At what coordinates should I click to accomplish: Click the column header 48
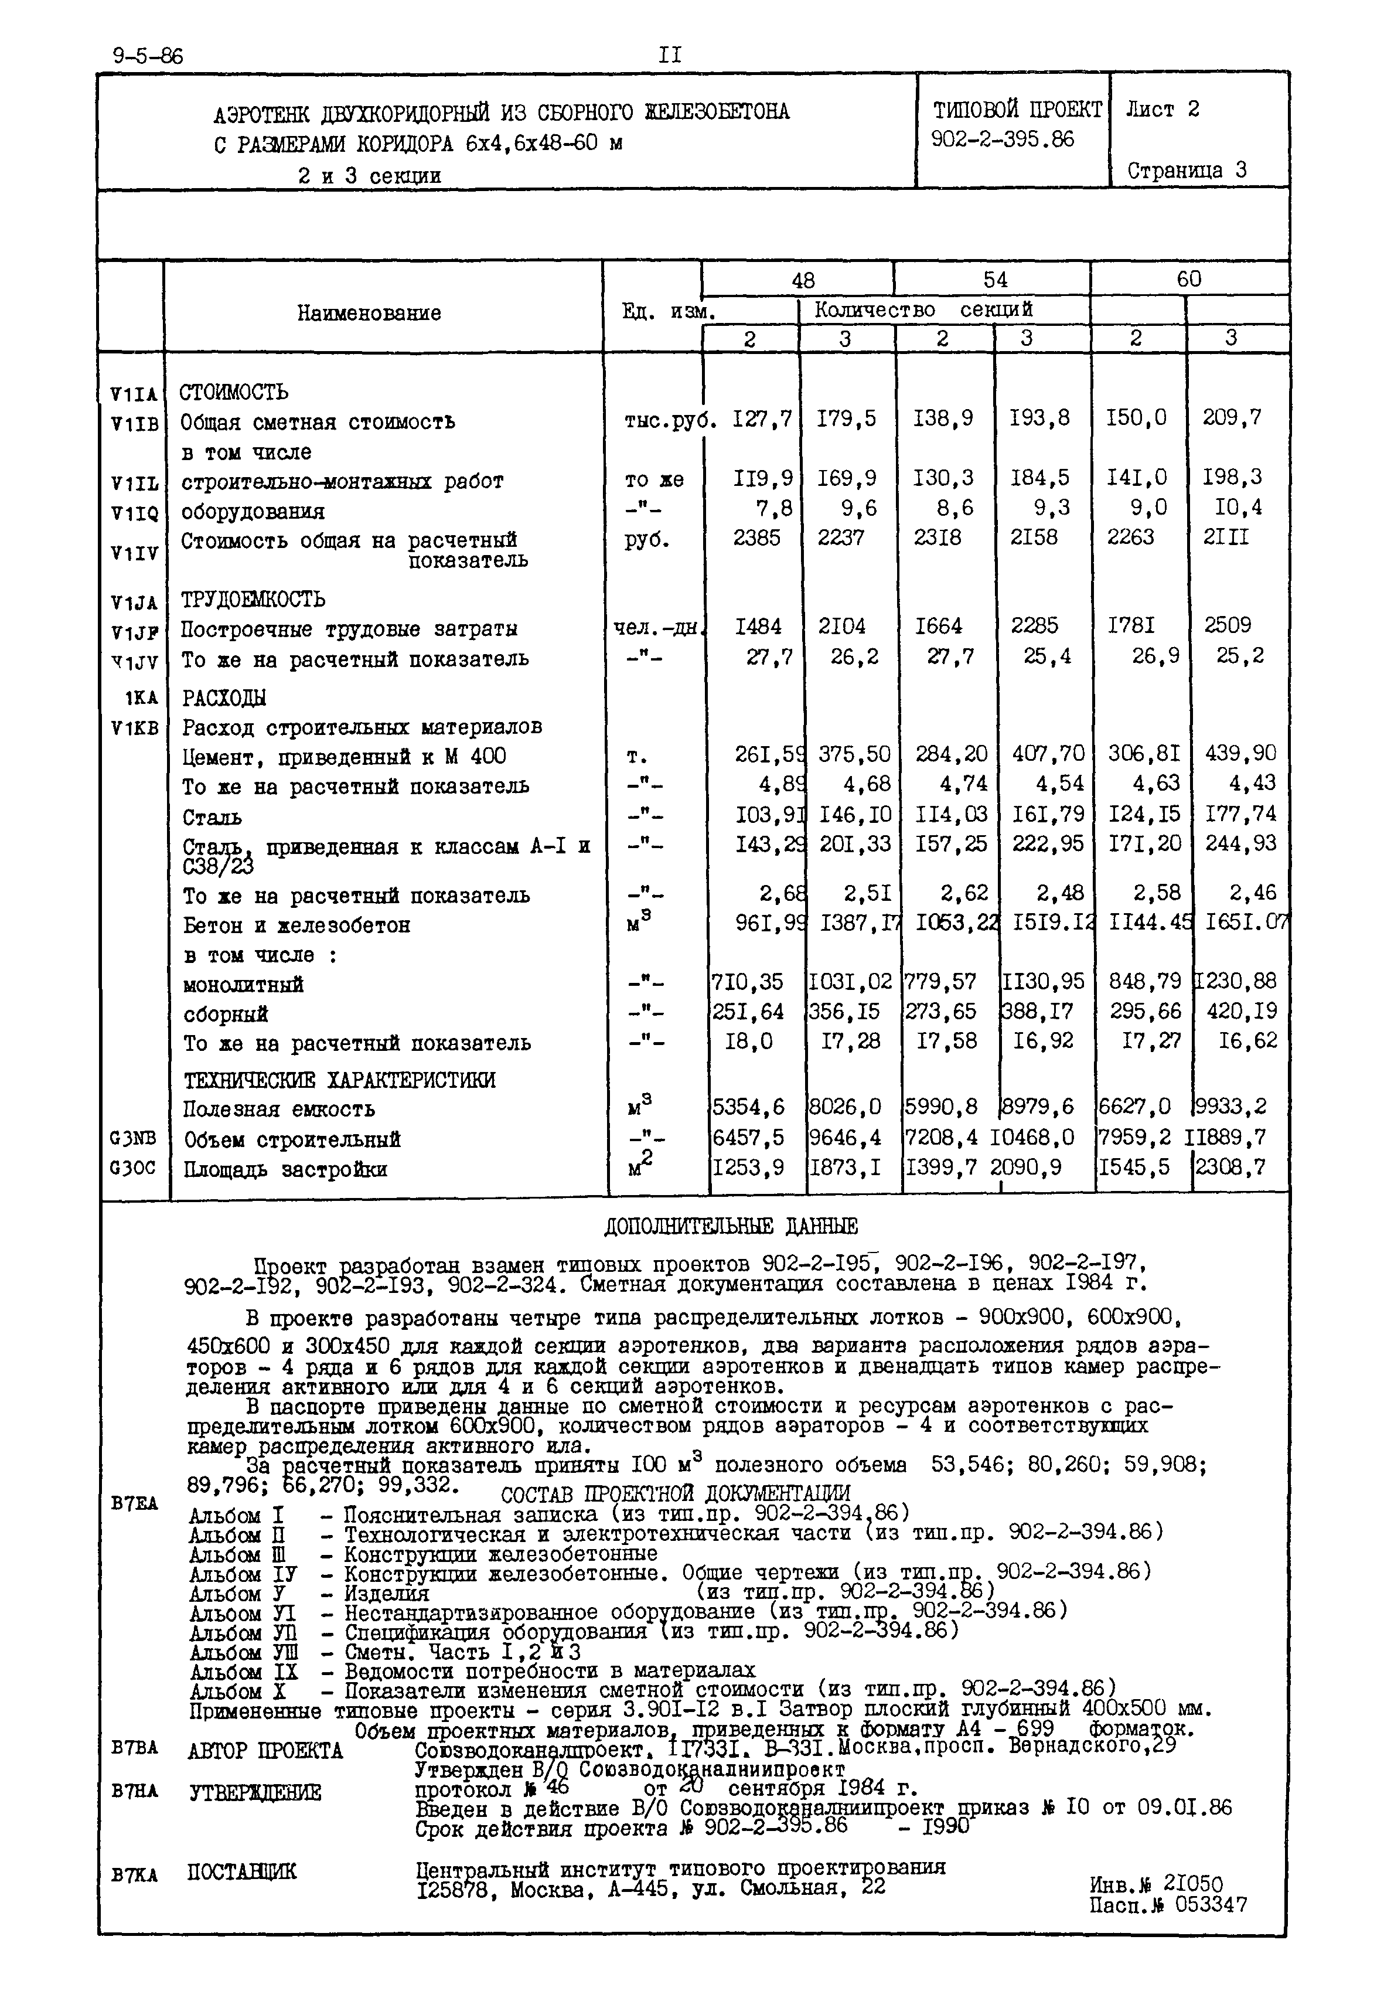pos(802,280)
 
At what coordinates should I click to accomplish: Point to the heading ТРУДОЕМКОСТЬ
pos(253,600)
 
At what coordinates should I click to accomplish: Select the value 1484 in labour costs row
pos(757,626)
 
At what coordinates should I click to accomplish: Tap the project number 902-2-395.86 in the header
pos(1001,139)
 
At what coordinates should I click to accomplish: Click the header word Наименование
pos(369,313)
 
